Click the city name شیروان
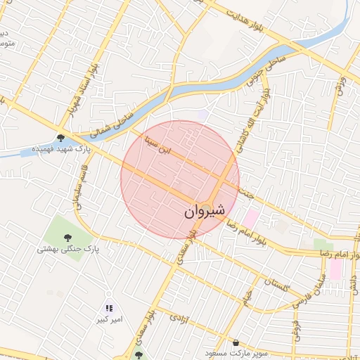click(205, 210)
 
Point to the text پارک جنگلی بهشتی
click(68, 249)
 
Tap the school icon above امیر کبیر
click(109, 308)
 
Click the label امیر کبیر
click(110, 320)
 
